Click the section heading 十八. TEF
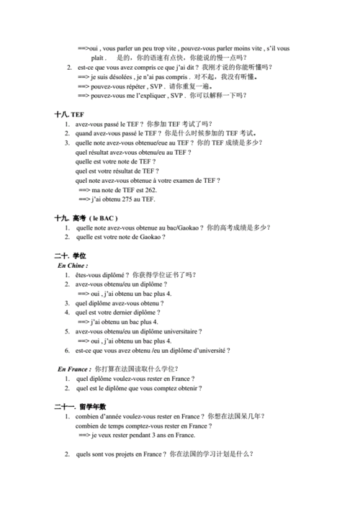click(69, 114)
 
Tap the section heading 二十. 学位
click(69, 256)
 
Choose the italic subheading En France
click(75, 368)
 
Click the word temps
click(112, 425)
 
